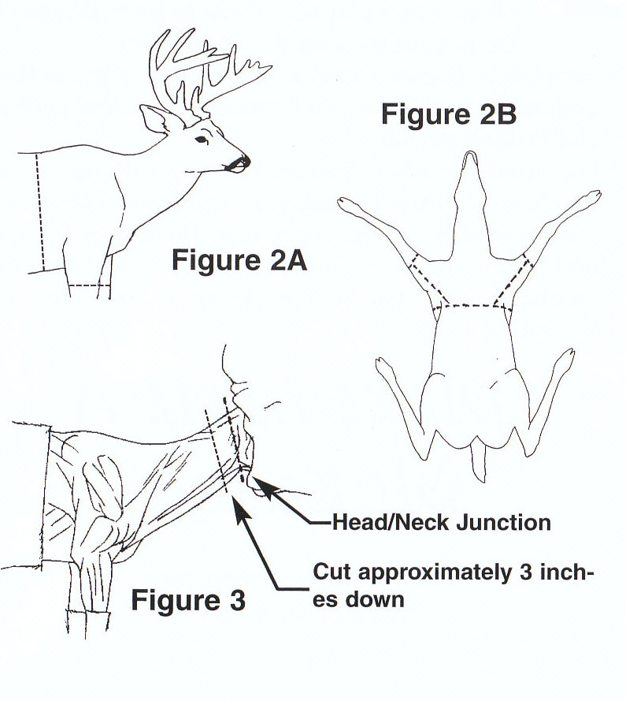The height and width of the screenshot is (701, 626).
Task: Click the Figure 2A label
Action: (239, 259)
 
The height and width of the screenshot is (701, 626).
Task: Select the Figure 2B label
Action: (448, 114)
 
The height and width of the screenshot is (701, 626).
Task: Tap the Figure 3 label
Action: (187, 600)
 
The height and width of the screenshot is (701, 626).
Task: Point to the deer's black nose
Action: (244, 162)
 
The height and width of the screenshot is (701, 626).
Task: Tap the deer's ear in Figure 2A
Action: (154, 120)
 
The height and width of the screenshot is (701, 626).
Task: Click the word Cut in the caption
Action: (332, 572)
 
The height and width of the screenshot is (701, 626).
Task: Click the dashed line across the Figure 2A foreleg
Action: (88, 284)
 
